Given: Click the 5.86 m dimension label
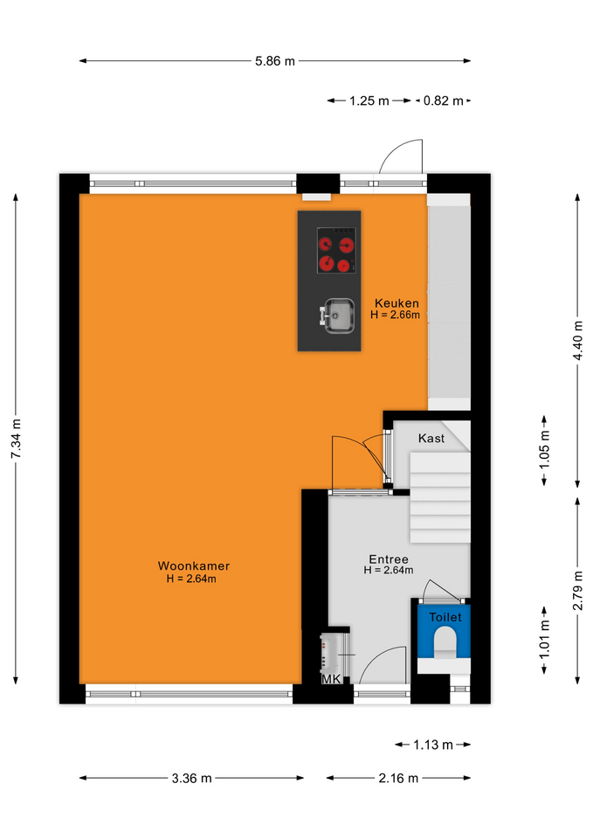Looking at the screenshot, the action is pos(275,61).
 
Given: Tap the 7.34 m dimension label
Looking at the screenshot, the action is pos(16,439).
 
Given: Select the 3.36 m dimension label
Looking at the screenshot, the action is pos(191,778).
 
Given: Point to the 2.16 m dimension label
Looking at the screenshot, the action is pos(398,778).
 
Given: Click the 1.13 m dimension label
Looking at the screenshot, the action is pos(433,745).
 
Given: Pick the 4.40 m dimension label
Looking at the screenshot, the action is pos(577,341).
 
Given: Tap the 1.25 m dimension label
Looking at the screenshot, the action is pos(369,101).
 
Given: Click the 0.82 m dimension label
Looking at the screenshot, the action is pos(444,101).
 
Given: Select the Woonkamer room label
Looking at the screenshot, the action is pos(194,565).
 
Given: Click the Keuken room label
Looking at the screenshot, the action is pos(396,303).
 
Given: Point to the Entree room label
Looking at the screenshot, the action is pos(389,559).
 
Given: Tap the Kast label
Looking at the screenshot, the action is pos(431,438).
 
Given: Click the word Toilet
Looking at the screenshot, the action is pos(445,617).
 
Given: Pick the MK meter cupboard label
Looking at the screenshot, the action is pos(331,679).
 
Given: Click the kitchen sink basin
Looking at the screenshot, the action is pos(339,315).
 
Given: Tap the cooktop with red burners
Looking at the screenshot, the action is pos(336,251).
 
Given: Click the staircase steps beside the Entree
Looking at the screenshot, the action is pos(440,497).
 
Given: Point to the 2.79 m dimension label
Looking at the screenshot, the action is pos(577,590).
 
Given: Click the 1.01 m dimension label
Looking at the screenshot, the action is pos(544,640).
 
